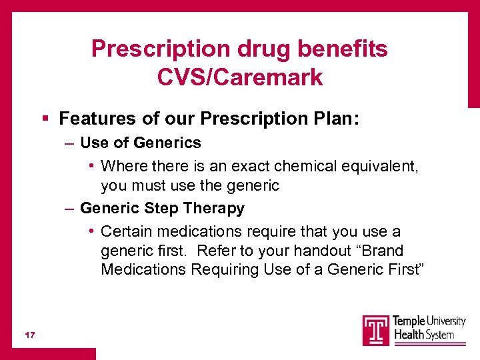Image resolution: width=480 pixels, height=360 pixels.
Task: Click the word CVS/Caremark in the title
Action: pos(240,77)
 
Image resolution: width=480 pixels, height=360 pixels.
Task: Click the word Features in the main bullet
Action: pos(94,119)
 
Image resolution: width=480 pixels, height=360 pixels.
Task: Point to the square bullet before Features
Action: pos(45,119)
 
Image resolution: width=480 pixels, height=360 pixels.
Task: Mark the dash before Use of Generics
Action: pos(69,143)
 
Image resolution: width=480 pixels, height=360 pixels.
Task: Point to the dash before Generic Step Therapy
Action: pos(69,209)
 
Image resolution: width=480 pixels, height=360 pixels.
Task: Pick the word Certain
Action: pos(127,231)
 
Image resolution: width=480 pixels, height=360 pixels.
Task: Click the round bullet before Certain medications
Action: pos(91,232)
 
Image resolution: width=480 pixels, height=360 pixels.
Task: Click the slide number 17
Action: pos(29,334)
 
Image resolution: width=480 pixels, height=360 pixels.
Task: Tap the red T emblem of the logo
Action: pos(376,330)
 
